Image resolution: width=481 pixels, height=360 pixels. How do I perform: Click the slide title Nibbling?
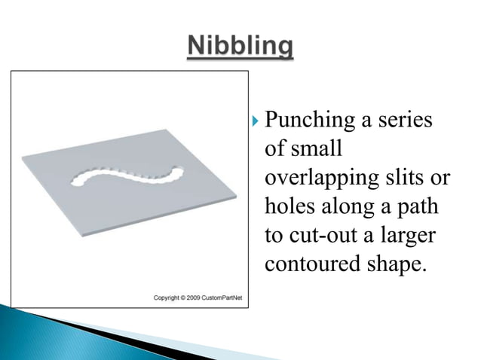[240, 46]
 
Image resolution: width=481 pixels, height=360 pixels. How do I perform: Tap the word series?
[408, 120]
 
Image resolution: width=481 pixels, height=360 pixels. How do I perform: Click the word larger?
[409, 236]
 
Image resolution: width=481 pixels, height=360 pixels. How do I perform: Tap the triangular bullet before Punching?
[256, 121]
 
